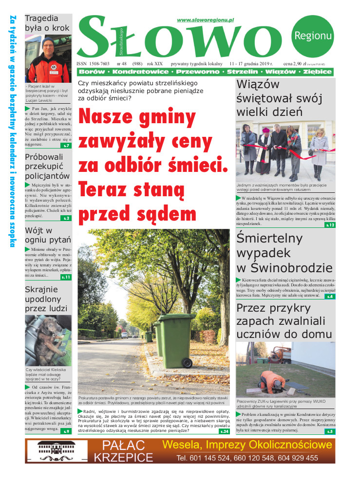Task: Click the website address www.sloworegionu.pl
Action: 206,20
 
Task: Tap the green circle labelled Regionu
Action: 313,35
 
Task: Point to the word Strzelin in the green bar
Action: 244,72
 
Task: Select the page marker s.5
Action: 330,431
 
